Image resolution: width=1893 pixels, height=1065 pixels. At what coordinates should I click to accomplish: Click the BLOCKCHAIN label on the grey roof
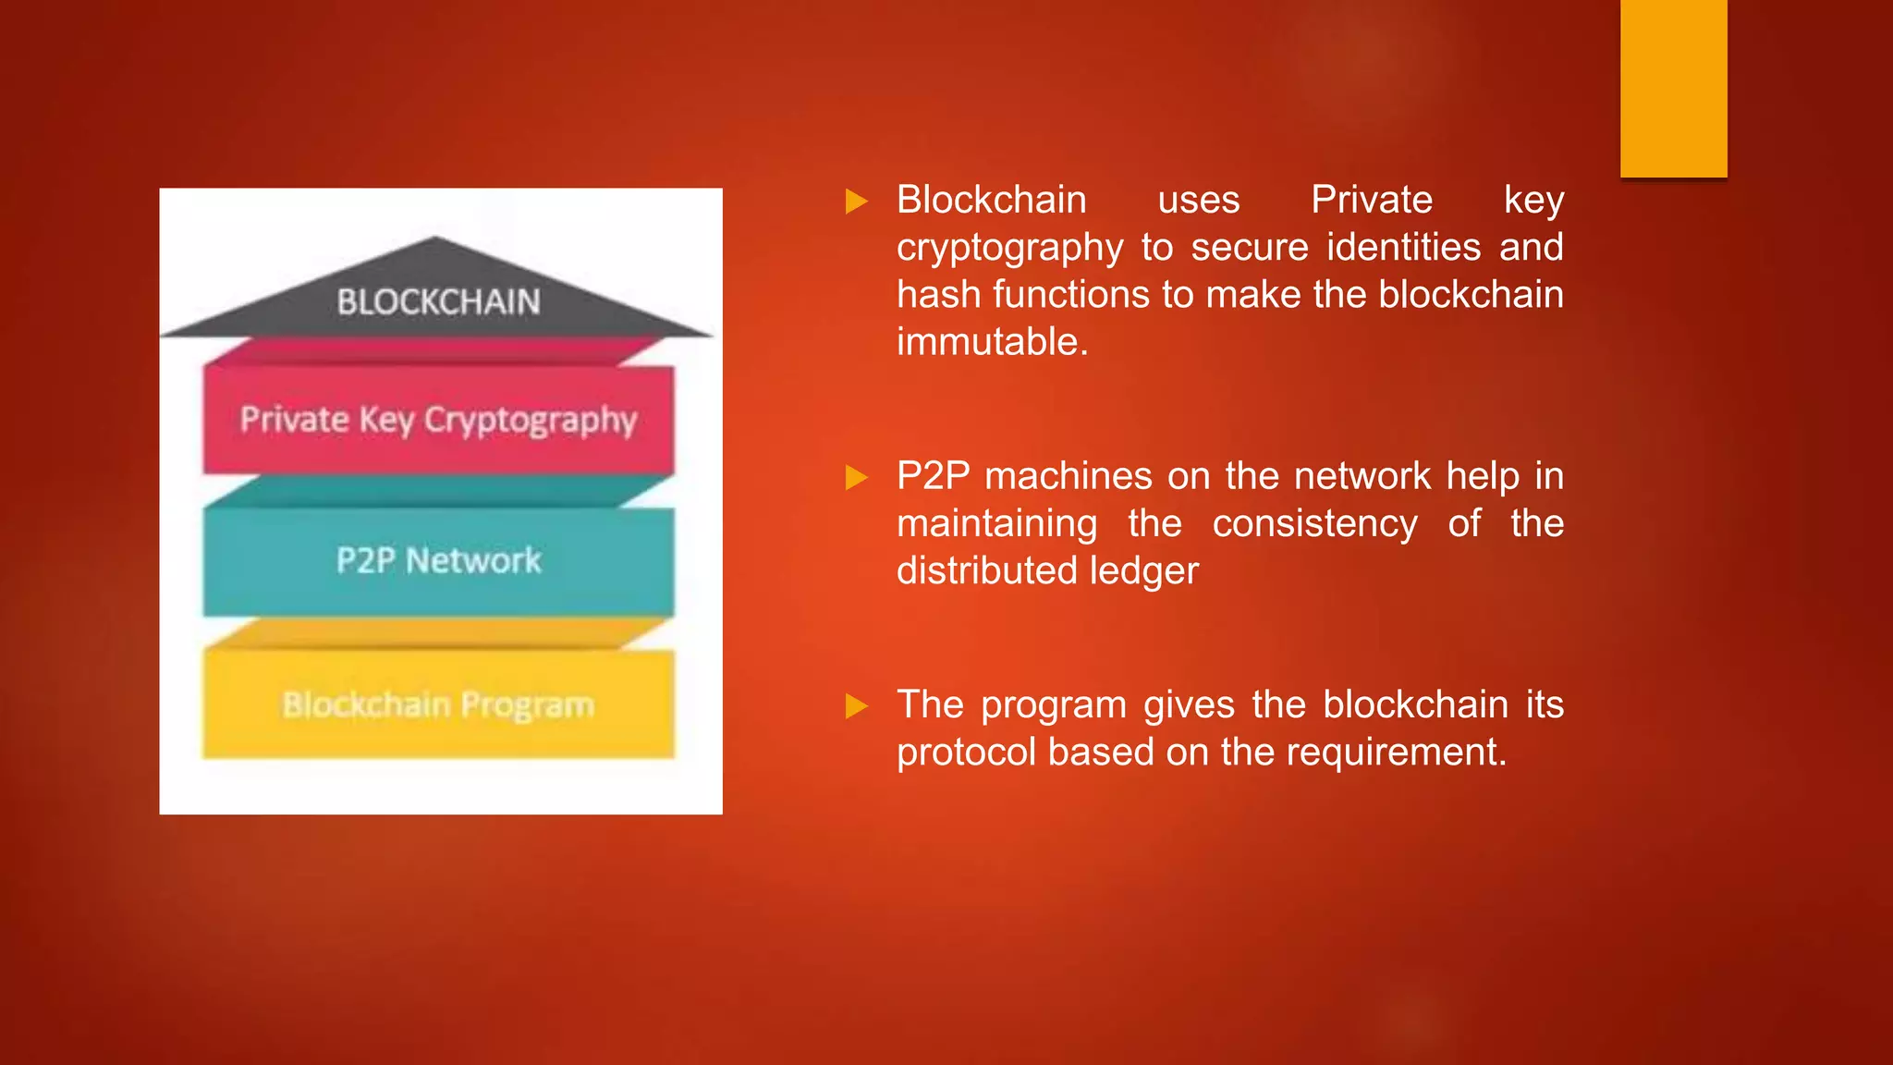coord(438,302)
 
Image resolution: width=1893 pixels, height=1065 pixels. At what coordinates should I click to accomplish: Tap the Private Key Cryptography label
coord(438,421)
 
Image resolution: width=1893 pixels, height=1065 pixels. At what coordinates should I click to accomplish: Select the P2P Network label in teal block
coord(438,560)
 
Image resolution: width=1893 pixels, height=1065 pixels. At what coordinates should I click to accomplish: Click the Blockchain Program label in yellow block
coord(438,705)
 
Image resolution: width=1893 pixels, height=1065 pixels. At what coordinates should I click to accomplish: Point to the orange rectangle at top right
coord(1673,88)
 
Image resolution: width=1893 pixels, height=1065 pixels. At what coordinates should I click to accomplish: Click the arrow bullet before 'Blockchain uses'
coord(857,202)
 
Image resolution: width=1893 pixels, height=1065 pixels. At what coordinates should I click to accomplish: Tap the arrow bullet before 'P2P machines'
coord(857,478)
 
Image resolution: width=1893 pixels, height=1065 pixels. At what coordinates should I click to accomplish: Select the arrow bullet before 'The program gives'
coord(857,707)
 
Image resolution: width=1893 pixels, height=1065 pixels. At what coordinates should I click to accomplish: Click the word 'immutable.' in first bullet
coord(993,342)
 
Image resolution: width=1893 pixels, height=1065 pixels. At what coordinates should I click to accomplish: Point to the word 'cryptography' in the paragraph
coord(1009,249)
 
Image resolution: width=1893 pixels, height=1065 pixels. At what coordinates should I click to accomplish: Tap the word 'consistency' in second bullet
coord(1314,524)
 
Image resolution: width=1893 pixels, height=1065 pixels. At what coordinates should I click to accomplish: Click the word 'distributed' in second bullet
coord(986,571)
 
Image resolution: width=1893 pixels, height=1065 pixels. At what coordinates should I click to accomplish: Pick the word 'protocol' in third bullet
coord(966,753)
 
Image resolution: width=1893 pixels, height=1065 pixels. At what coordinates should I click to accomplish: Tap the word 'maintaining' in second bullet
coord(996,524)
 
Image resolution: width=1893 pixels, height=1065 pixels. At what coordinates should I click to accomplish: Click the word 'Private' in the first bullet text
coord(1372,201)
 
